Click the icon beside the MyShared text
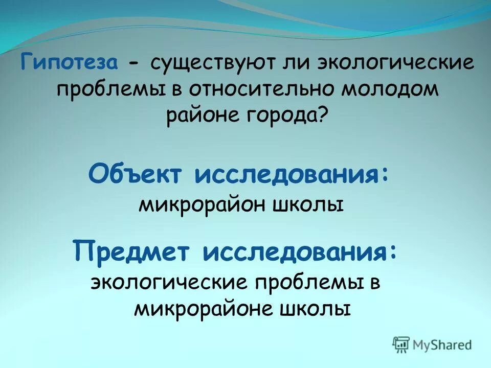(401, 344)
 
